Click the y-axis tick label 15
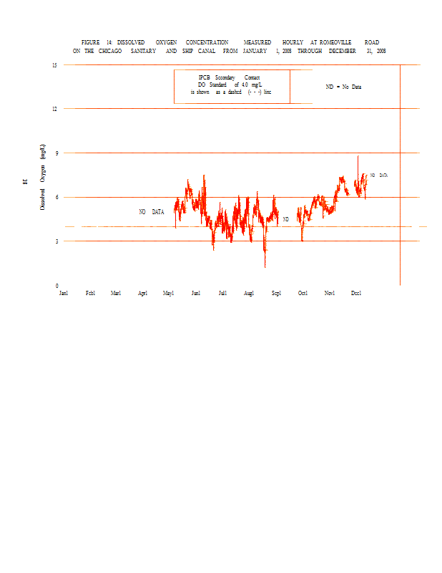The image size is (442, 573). (x=54, y=65)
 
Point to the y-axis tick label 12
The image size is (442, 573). (x=54, y=109)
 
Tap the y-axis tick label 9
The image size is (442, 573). (x=56, y=153)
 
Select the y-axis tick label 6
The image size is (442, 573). (x=56, y=197)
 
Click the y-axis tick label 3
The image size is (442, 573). (x=56, y=241)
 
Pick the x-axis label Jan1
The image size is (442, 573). (x=64, y=293)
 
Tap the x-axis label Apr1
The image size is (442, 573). (x=142, y=293)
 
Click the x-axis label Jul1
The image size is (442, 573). (x=222, y=293)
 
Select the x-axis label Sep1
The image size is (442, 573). (x=276, y=293)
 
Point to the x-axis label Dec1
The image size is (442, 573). (x=356, y=293)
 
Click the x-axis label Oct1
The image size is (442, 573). (x=303, y=293)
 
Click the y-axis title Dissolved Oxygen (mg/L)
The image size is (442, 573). (x=43, y=176)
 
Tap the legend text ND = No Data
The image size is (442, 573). (x=343, y=87)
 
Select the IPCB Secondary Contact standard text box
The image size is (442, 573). (x=231, y=85)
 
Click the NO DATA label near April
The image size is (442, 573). (x=152, y=212)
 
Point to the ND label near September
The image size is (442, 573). (x=285, y=219)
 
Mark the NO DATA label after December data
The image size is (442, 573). (x=379, y=175)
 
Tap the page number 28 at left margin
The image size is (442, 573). (x=24, y=181)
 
